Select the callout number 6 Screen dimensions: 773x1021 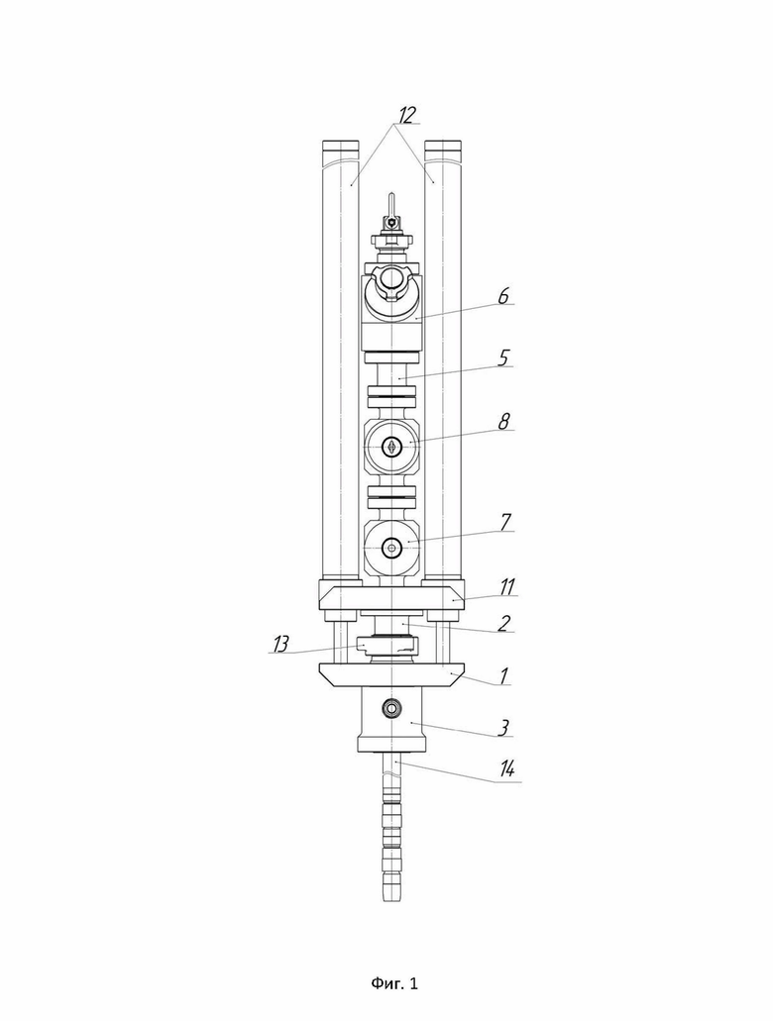tap(503, 296)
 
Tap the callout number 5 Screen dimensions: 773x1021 tap(502, 358)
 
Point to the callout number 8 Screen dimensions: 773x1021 tap(503, 421)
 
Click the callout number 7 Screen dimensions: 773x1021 tap(505, 522)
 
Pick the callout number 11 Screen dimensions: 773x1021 tap(508, 586)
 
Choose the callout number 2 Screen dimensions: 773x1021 tap(503, 623)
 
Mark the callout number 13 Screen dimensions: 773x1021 tap(280, 644)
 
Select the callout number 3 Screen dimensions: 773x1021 tap(502, 727)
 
